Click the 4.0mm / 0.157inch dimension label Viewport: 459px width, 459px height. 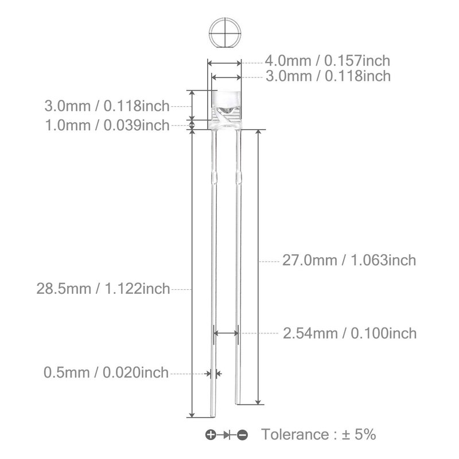tap(327, 61)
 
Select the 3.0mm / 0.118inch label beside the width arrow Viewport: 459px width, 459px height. tap(328, 76)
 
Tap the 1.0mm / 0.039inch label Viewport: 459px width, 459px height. tap(107, 125)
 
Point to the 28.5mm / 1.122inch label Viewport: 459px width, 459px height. tap(103, 289)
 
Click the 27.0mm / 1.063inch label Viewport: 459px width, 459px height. tap(349, 260)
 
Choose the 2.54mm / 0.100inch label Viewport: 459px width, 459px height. tap(349, 333)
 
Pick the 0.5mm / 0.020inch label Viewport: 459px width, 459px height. tap(106, 372)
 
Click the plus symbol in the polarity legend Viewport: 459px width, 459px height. tap(211, 435)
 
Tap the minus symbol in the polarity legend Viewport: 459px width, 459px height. tap(242, 435)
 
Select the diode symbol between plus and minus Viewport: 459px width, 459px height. tap(227, 435)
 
